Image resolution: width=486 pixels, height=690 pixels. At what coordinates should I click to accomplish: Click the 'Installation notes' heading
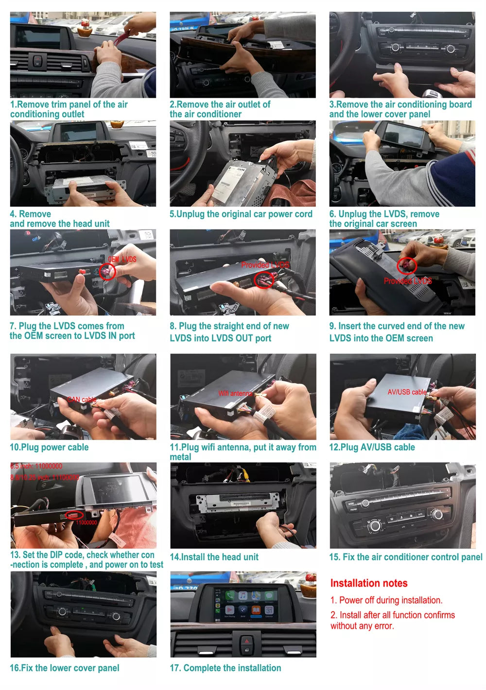(368, 583)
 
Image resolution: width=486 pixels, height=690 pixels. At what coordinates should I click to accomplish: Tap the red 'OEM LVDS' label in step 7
(122, 259)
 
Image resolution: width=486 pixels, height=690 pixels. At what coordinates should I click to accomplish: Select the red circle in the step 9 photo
(407, 266)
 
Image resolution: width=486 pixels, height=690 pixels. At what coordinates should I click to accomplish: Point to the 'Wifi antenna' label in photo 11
(235, 393)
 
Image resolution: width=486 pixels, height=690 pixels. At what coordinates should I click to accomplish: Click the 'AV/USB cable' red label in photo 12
(407, 392)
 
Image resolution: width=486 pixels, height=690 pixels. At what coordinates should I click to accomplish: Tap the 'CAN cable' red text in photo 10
(82, 400)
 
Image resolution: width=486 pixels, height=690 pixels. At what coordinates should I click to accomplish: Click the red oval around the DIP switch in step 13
(74, 514)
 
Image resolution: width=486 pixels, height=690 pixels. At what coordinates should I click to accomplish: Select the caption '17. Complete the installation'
(225, 668)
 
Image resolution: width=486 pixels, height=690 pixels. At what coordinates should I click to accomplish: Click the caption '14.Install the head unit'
(214, 557)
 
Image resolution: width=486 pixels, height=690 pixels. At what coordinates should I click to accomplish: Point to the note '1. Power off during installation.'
(386, 600)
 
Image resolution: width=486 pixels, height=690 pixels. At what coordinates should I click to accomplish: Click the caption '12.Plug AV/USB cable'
(372, 447)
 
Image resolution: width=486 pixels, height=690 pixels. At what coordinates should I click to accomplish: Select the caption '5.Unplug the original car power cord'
(241, 214)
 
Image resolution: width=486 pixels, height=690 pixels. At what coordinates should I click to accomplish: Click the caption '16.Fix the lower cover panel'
(64, 668)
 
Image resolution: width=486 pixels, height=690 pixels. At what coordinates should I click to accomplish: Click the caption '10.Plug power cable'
(49, 447)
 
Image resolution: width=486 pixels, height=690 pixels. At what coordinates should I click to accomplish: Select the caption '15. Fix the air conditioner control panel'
(405, 557)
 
